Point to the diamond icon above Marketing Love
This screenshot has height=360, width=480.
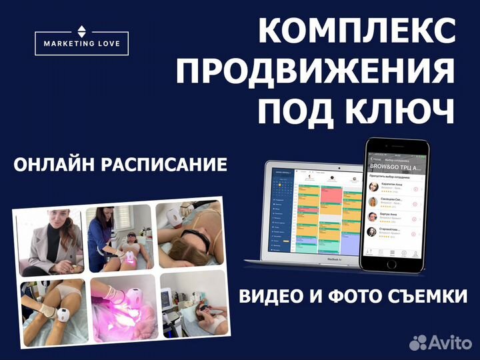[x=81, y=30]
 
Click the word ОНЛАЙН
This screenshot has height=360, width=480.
[x=56, y=164]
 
